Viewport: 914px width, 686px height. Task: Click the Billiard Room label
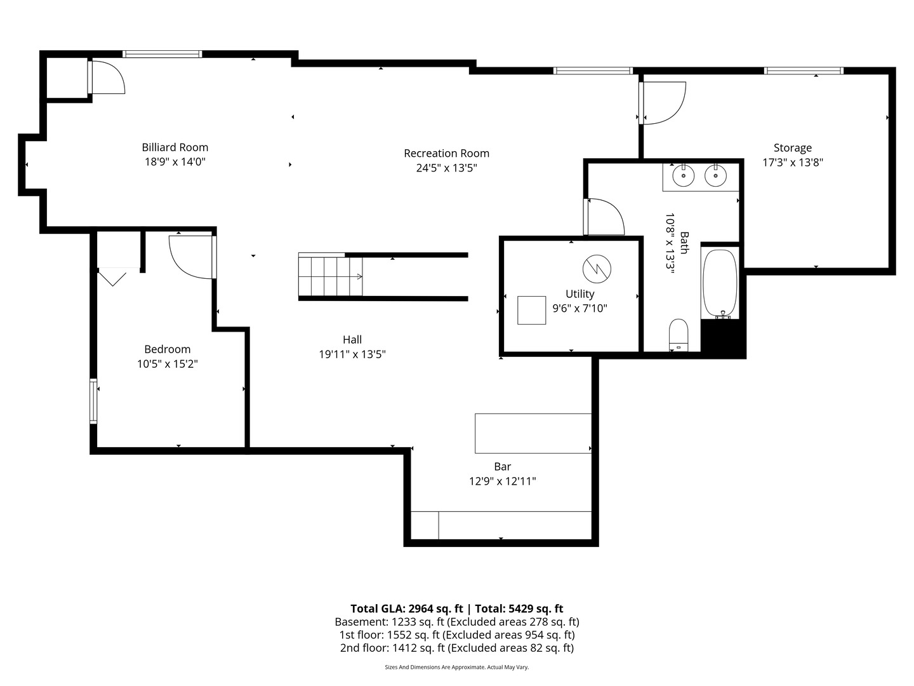[x=175, y=147]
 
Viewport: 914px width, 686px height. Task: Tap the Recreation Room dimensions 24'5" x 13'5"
[x=446, y=168]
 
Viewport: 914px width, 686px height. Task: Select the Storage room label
[x=792, y=148]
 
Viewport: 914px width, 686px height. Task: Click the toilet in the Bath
[x=679, y=335]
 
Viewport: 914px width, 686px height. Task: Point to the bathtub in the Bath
[x=720, y=283]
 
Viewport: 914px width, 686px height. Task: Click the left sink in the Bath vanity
[x=684, y=176]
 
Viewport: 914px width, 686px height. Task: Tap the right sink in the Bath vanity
[x=715, y=176]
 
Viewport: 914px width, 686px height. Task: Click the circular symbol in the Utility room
[x=597, y=269]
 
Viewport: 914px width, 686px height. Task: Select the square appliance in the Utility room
[x=531, y=311]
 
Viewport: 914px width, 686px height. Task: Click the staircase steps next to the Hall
[x=330, y=276]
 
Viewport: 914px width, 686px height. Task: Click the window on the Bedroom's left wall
[x=93, y=401]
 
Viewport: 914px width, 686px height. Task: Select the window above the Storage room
[x=804, y=71]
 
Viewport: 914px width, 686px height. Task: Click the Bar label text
[x=502, y=466]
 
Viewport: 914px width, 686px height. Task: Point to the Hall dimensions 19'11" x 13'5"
[x=352, y=354]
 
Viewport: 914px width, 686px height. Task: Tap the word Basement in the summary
[x=361, y=622]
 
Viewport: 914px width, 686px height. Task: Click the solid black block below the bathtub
[x=723, y=338]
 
